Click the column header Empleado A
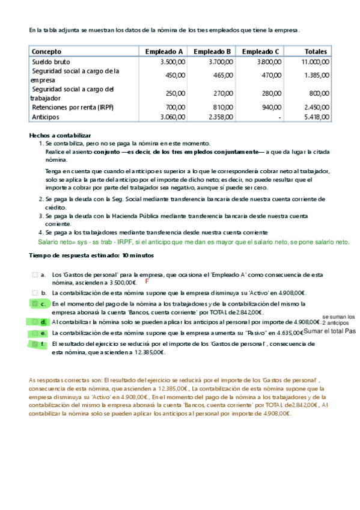point(164,52)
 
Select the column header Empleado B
point(212,52)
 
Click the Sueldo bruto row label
point(50,61)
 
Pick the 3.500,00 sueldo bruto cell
point(172,61)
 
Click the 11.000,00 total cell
point(315,61)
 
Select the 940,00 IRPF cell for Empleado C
point(271,107)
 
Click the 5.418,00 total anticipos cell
point(317,117)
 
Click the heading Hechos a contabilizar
point(60,136)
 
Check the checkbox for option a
point(34,274)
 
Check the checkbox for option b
point(34,292)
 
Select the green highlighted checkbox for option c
point(34,304)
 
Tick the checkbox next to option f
point(34,344)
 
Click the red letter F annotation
point(146,281)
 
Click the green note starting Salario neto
point(193,242)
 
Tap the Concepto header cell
point(46,52)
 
